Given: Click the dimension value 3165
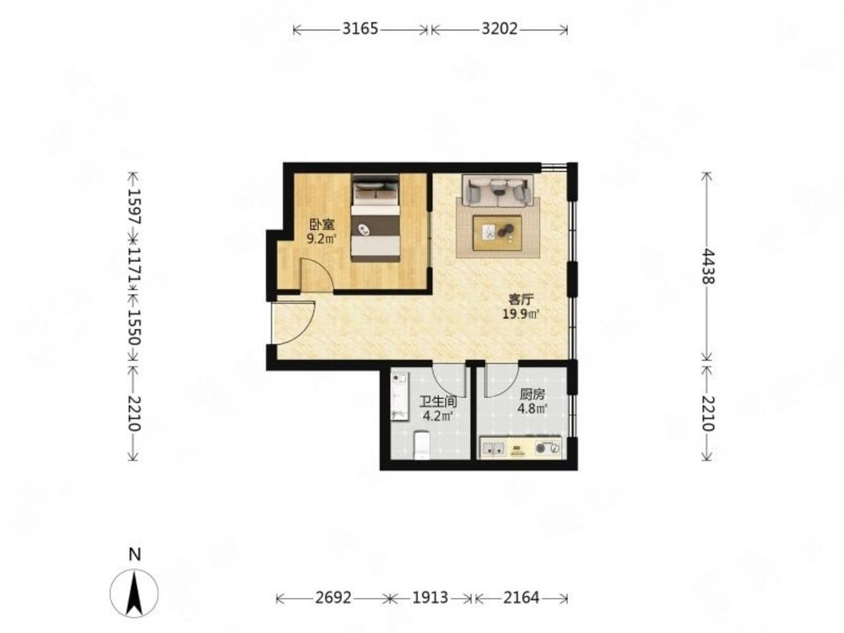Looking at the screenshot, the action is click(360, 29).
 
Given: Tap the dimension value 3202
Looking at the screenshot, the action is click(499, 29).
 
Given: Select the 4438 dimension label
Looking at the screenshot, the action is click(707, 266).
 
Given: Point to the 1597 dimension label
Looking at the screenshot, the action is click(134, 206).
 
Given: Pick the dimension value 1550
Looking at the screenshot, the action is click(134, 327).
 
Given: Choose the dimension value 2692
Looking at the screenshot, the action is click(333, 598).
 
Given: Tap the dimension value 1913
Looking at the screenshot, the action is click(430, 598).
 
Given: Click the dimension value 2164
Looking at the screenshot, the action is click(521, 598).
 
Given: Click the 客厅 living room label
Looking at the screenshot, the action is click(521, 299).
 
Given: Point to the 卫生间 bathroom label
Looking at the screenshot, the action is click(438, 402).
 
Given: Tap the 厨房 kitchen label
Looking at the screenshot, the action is click(532, 394).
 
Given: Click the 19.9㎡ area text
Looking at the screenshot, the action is click(521, 315).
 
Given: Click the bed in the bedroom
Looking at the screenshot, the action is click(375, 218).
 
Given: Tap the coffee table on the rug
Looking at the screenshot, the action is click(497, 233).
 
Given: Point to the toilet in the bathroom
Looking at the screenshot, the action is click(422, 446).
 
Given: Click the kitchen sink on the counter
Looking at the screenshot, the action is click(493, 448).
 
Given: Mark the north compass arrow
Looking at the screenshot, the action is click(134, 593).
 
